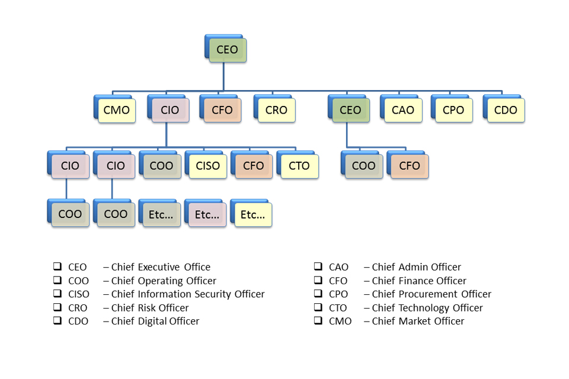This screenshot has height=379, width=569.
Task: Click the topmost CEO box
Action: tap(227, 50)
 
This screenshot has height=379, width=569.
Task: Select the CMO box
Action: tap(116, 110)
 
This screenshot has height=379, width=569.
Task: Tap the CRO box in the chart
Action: tap(276, 110)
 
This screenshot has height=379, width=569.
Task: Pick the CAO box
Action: tap(403, 110)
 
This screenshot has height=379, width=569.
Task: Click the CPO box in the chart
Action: tap(453, 110)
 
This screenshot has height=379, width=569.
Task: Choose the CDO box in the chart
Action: tap(505, 110)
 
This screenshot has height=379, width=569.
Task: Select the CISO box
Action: tap(207, 166)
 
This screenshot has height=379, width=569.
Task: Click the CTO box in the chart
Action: tap(299, 166)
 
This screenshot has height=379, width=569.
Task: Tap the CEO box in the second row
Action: tap(350, 110)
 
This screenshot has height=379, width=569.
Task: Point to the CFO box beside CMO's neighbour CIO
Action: tap(222, 110)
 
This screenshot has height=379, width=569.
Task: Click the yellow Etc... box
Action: tap(253, 215)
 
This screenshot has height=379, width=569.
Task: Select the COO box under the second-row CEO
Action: tap(363, 166)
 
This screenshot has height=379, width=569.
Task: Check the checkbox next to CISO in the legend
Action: tap(57, 294)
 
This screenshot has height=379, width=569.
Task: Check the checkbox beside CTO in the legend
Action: tap(318, 307)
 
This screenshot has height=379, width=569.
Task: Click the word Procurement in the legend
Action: tap(425, 294)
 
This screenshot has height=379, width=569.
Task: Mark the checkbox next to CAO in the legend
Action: tap(318, 266)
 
